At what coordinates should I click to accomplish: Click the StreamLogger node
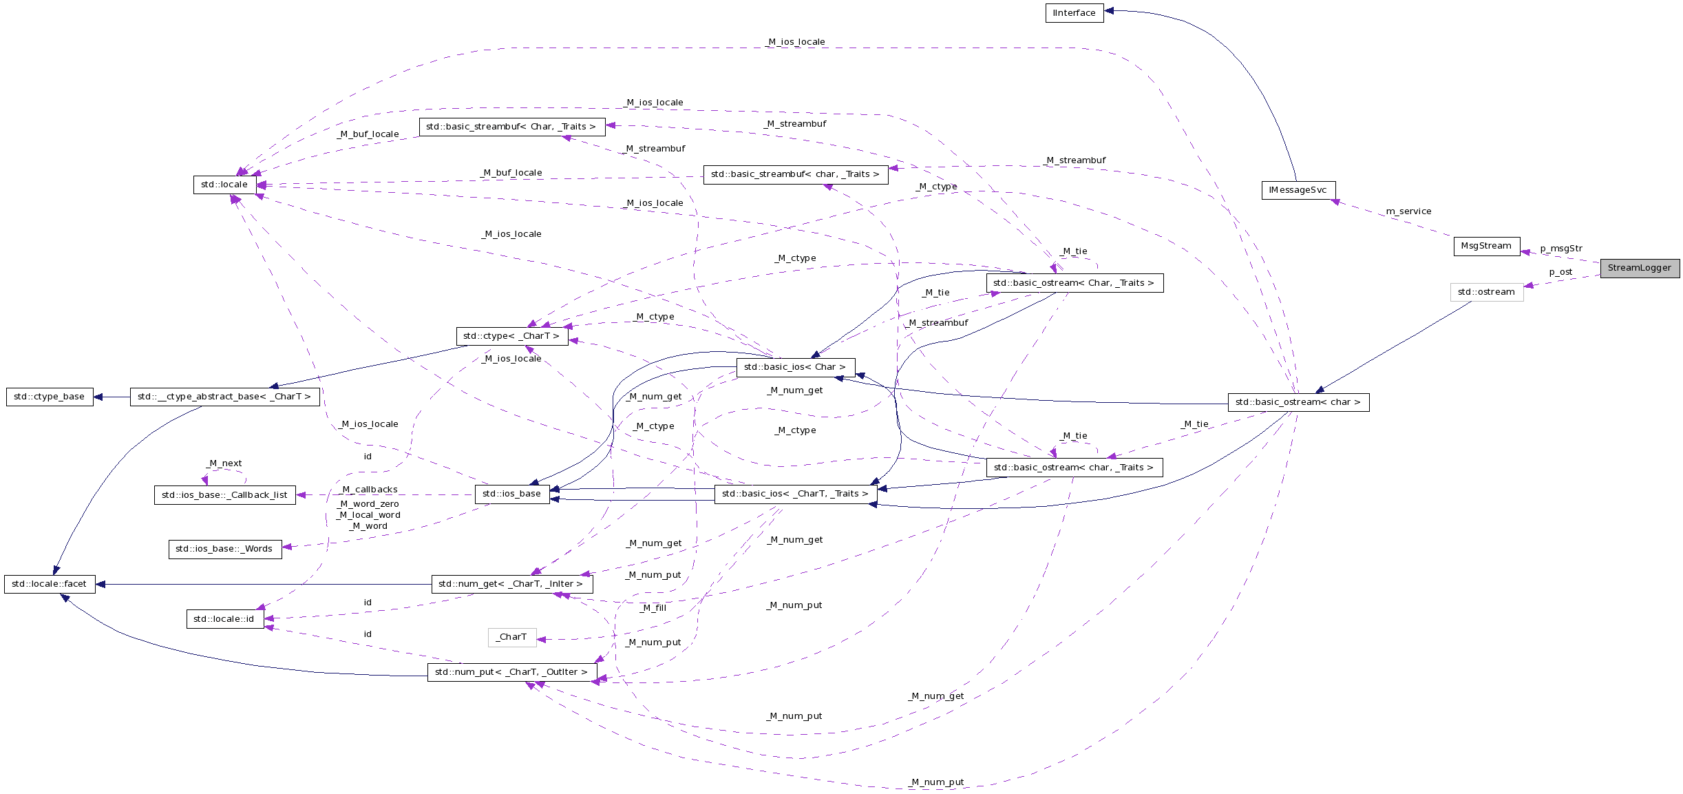[1639, 268]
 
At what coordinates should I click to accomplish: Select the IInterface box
[1074, 13]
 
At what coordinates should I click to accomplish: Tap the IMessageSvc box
[1298, 190]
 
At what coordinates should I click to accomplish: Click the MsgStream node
[1486, 246]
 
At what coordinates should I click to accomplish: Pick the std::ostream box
[1486, 292]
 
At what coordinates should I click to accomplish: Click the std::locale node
[224, 185]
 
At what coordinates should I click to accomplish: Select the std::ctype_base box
[50, 397]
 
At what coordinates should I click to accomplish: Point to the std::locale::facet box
[50, 584]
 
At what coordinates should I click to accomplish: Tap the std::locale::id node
[224, 619]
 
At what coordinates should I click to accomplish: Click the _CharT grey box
[511, 637]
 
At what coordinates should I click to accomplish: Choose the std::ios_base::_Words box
[224, 549]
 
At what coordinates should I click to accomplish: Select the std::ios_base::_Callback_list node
[224, 495]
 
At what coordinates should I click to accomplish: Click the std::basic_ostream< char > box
[1298, 402]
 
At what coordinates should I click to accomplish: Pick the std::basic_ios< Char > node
[795, 367]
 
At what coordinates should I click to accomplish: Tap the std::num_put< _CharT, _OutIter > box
[511, 672]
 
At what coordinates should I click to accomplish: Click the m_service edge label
[1408, 211]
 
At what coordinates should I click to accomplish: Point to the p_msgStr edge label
[1561, 249]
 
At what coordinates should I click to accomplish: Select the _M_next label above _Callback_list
[224, 463]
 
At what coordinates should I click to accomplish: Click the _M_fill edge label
[653, 608]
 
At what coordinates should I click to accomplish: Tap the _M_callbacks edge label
[370, 490]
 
